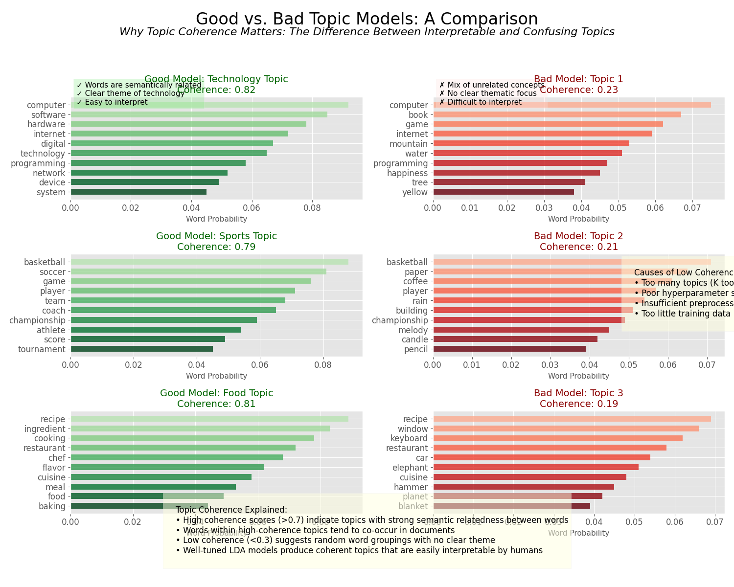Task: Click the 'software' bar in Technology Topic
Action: (x=199, y=114)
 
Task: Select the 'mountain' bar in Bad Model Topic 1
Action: (x=531, y=143)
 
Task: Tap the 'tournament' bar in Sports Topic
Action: (x=142, y=349)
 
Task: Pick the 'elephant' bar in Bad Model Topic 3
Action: (x=536, y=467)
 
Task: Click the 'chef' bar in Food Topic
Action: (x=177, y=457)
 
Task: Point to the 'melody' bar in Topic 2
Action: (x=521, y=330)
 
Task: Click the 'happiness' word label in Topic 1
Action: (x=407, y=173)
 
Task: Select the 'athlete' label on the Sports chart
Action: (x=51, y=330)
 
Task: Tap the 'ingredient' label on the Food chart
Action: (x=45, y=429)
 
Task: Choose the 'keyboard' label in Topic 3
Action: (x=409, y=438)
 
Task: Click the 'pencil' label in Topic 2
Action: (x=416, y=349)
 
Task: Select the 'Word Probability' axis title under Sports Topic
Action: (x=216, y=376)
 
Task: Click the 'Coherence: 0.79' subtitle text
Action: (x=216, y=247)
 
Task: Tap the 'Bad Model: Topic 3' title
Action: (x=578, y=393)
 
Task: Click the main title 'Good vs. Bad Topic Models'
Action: (x=367, y=19)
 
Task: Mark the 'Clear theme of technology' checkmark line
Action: (x=131, y=93)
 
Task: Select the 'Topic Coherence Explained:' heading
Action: (x=231, y=510)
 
